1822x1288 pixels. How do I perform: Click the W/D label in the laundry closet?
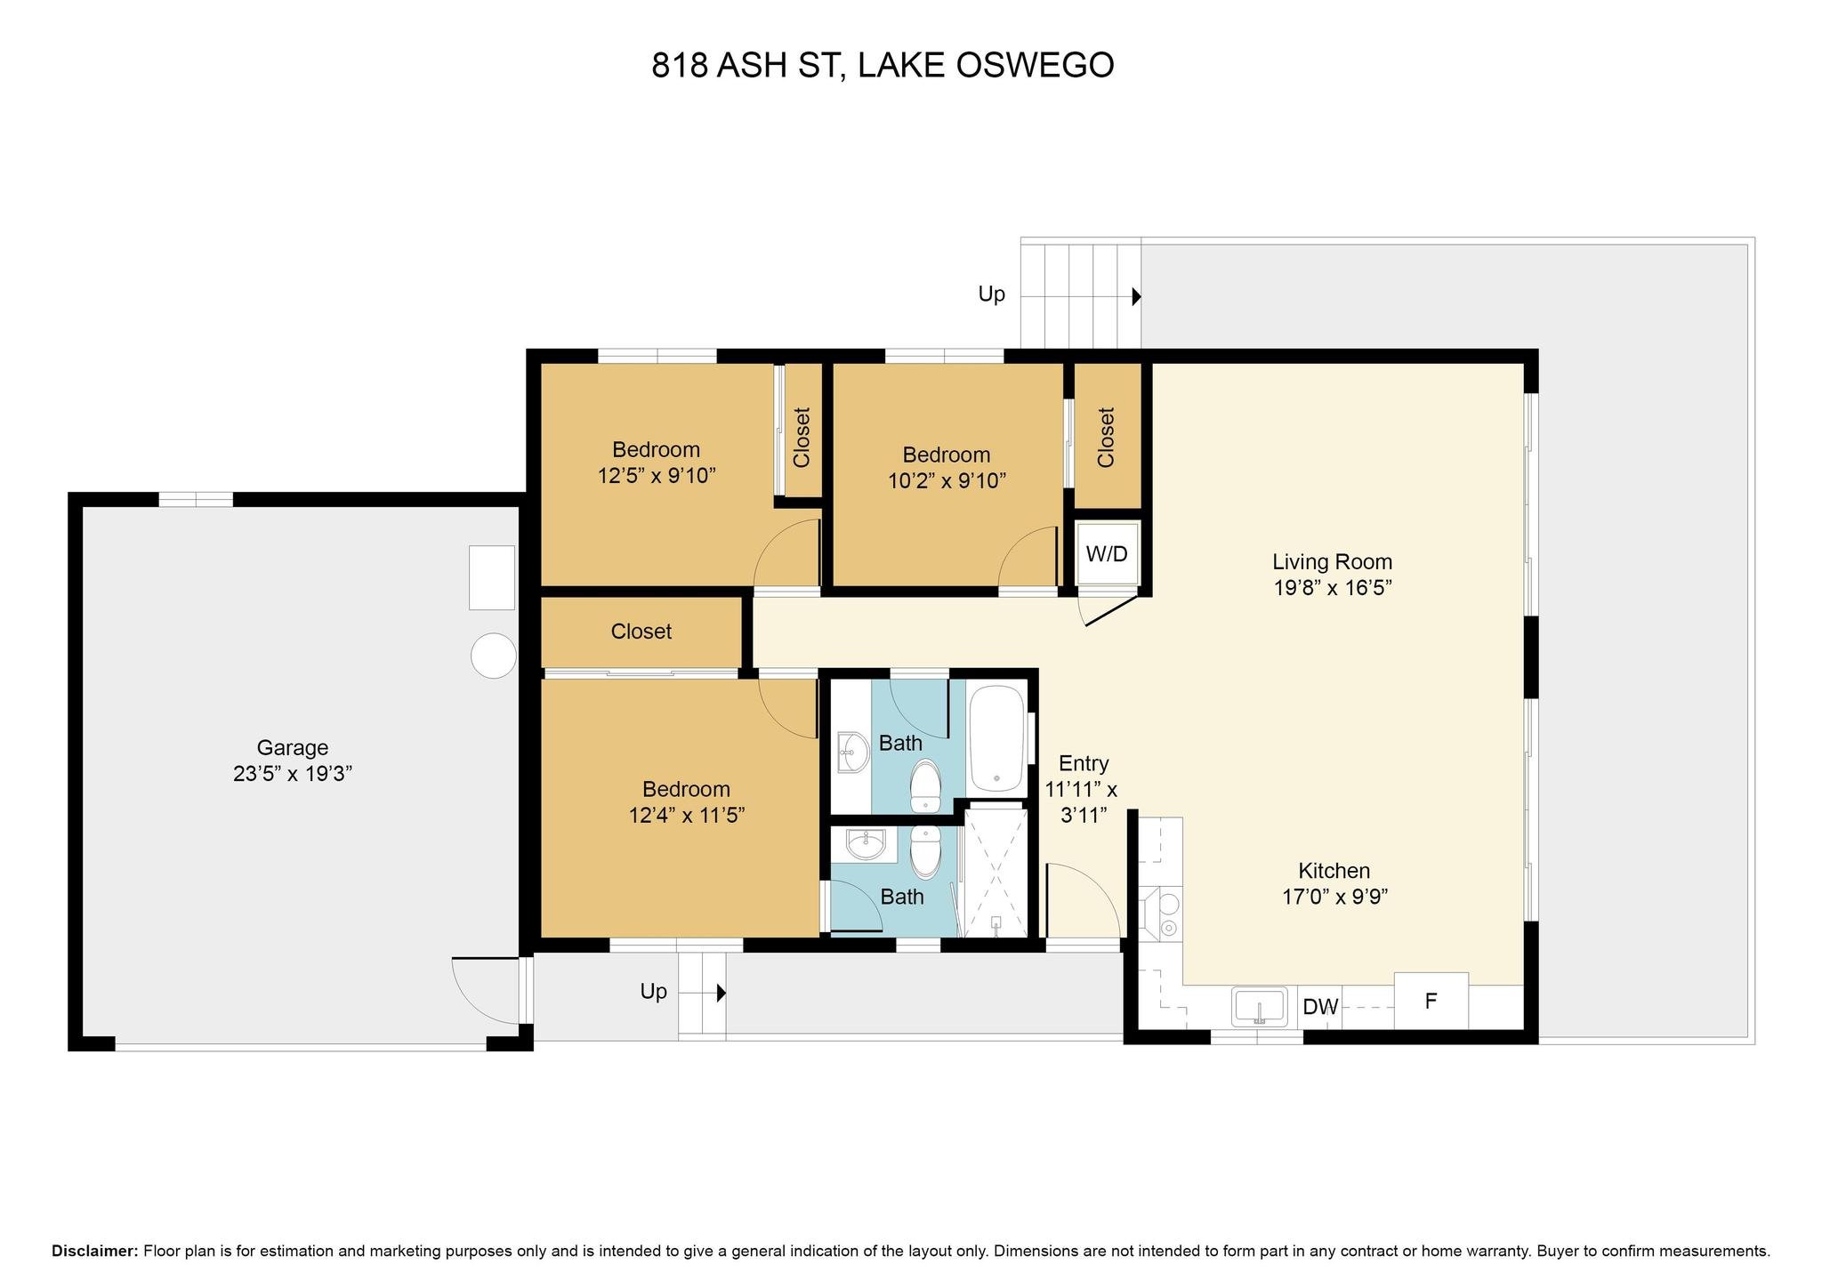tap(1107, 554)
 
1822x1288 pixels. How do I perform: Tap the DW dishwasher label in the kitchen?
tap(1320, 1007)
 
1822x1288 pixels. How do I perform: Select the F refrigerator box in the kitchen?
tap(1431, 1001)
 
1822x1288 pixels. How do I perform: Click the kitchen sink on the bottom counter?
tap(1260, 1007)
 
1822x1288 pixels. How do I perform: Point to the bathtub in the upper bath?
tap(996, 738)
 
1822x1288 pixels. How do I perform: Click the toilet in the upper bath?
tap(926, 785)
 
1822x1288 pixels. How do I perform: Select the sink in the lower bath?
tap(866, 844)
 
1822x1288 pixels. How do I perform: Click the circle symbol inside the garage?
tap(493, 656)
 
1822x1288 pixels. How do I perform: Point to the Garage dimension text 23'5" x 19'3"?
tap(293, 773)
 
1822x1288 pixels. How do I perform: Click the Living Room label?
tap(1332, 562)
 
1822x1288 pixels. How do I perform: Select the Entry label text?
tap(1084, 763)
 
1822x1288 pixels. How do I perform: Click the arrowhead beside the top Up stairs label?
tap(1136, 296)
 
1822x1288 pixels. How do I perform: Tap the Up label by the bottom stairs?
tap(654, 992)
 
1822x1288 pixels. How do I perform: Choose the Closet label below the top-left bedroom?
tap(641, 632)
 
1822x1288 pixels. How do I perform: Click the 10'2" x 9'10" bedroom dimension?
tap(947, 481)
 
